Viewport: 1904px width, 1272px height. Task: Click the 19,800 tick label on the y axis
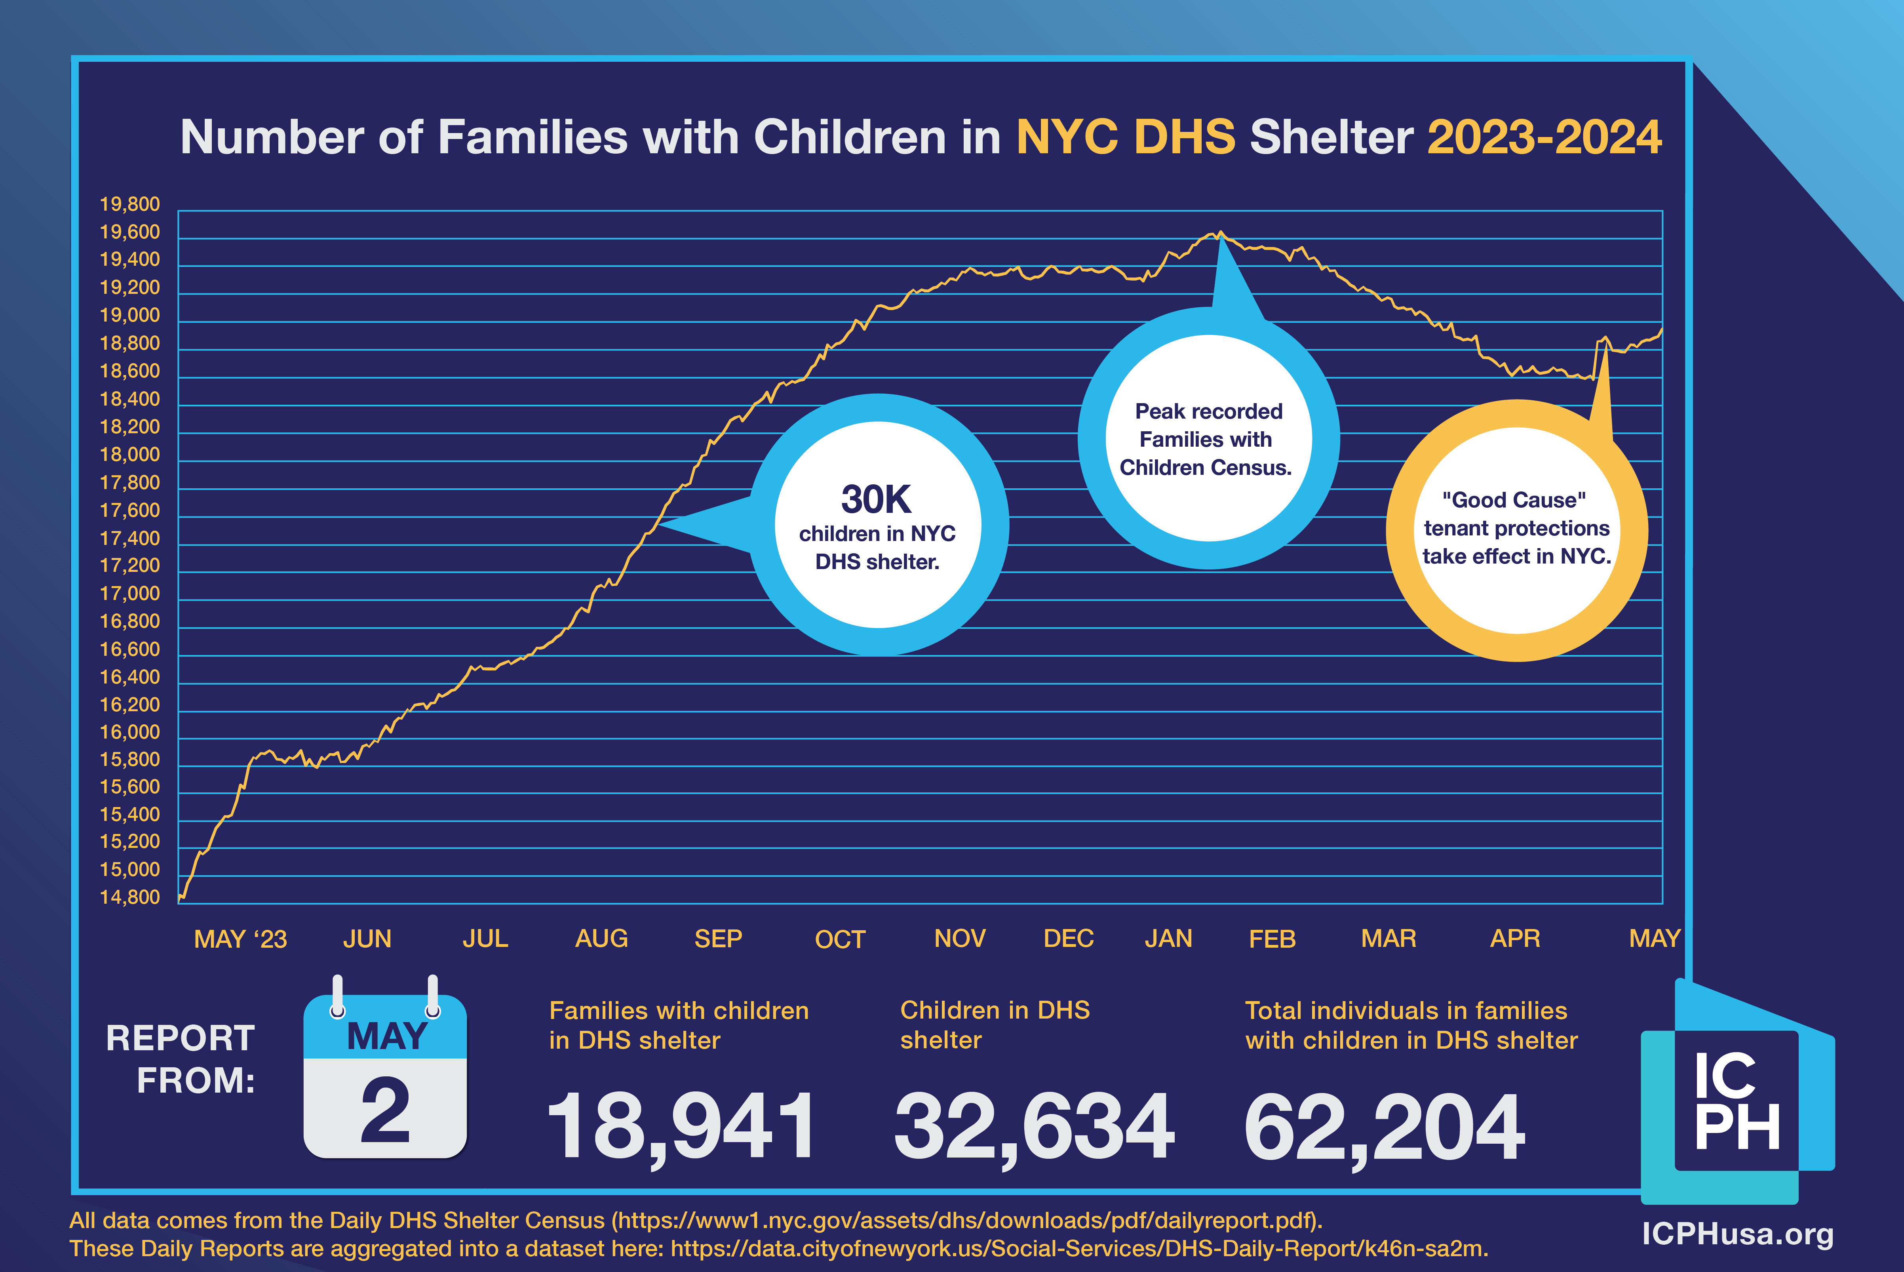pos(130,204)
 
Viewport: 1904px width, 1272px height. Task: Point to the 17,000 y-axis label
pos(130,594)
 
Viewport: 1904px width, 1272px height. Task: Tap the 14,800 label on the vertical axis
pos(130,897)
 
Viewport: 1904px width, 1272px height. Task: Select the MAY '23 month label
pos(240,939)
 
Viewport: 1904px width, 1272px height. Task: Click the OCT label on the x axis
pos(840,939)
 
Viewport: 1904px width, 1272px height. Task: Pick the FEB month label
pos(1271,939)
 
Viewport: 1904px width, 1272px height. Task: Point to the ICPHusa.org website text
pos(1737,1234)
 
